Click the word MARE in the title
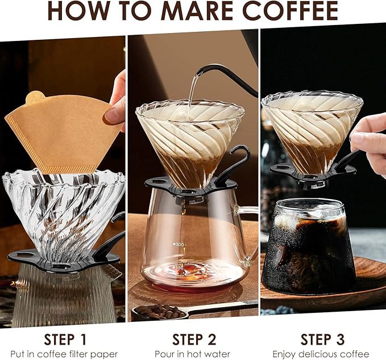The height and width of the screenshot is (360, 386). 197,11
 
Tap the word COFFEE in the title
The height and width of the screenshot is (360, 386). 290,11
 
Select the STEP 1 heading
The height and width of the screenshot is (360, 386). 65,340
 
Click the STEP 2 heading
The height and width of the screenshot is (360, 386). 194,340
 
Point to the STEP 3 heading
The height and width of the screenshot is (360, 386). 322,340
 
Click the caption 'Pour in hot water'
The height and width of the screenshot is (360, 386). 192,354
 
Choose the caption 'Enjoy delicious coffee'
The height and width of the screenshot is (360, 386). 321,354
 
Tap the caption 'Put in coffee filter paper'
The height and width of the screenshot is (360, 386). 64,354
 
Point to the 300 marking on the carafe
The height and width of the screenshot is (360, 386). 180,245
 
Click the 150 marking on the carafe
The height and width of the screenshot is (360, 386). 179,267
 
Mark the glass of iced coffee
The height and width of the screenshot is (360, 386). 309,247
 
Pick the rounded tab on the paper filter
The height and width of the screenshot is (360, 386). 36,97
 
